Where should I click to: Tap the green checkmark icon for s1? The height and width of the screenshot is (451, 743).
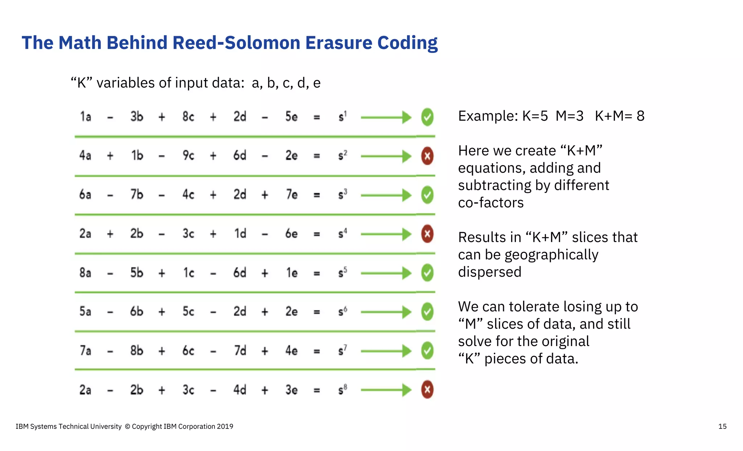[427, 117]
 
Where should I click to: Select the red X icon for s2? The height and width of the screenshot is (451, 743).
[427, 156]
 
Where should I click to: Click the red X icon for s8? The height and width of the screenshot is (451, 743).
[427, 390]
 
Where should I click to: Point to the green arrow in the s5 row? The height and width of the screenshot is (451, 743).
[386, 273]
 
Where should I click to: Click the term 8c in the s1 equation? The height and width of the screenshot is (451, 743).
[188, 117]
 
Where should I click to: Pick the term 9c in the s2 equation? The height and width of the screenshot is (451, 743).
[188, 156]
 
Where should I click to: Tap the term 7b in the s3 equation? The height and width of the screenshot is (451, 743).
[137, 195]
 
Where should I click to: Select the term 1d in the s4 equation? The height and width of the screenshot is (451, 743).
[240, 234]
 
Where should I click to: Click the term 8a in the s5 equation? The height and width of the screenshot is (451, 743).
[85, 272]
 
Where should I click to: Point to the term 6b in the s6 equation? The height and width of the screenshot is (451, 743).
[137, 312]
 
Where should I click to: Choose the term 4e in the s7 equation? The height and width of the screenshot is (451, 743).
[291, 351]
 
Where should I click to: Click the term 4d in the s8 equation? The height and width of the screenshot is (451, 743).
[240, 390]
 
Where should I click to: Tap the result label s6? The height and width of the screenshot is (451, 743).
[342, 312]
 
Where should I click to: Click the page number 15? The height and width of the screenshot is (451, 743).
[722, 427]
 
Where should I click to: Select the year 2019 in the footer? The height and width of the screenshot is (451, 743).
[225, 427]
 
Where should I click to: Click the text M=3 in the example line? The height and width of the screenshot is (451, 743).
[570, 116]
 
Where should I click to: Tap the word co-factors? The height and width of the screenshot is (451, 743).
[491, 203]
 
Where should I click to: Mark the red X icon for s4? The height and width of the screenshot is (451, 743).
[427, 234]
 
